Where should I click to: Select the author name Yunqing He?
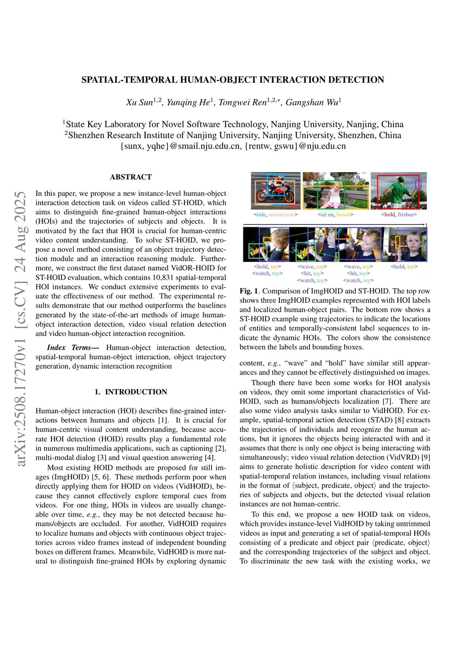coord(188,102)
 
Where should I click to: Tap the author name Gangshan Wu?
coord(312,102)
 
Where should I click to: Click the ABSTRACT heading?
coord(131,177)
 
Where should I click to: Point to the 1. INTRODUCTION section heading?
coord(131,392)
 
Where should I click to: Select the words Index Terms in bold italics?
coord(69,348)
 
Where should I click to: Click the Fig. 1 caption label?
coord(249,291)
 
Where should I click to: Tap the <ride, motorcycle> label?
coord(275,214)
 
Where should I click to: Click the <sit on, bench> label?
coord(335,214)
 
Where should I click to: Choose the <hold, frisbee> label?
coord(399,214)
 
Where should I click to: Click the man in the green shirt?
coord(395,191)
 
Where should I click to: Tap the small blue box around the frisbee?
coord(418,184)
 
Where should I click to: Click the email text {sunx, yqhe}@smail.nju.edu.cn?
coord(180,146)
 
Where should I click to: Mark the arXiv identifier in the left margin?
coord(20,329)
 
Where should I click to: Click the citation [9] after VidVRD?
coord(426,458)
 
